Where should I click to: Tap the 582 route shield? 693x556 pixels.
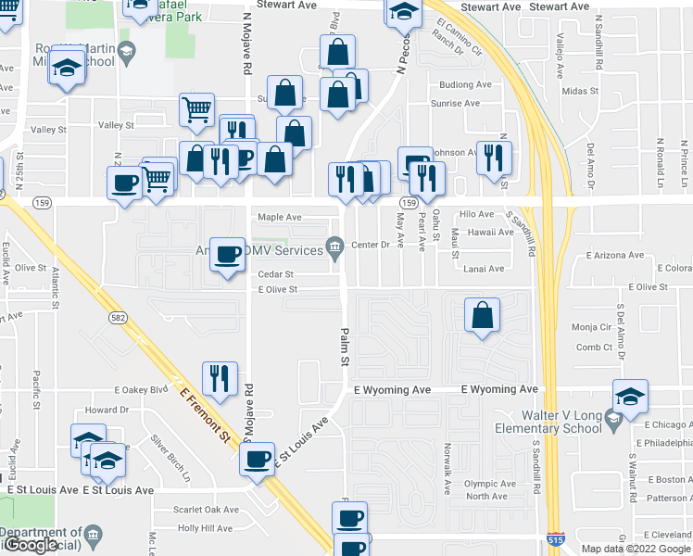coord(116,318)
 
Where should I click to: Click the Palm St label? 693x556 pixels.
coord(344,347)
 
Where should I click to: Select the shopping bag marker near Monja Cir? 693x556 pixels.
coord(483,315)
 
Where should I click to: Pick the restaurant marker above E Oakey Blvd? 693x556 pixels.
coord(220,377)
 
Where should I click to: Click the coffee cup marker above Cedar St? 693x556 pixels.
coord(228,253)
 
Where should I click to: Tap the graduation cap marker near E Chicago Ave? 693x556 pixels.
coord(630,396)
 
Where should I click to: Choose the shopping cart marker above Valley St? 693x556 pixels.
coord(196,109)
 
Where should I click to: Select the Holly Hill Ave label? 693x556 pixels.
coord(205,528)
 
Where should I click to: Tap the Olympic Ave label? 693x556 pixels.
coord(490,484)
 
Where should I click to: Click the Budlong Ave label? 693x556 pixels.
coord(465,84)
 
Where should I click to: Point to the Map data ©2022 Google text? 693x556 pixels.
coord(636,548)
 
